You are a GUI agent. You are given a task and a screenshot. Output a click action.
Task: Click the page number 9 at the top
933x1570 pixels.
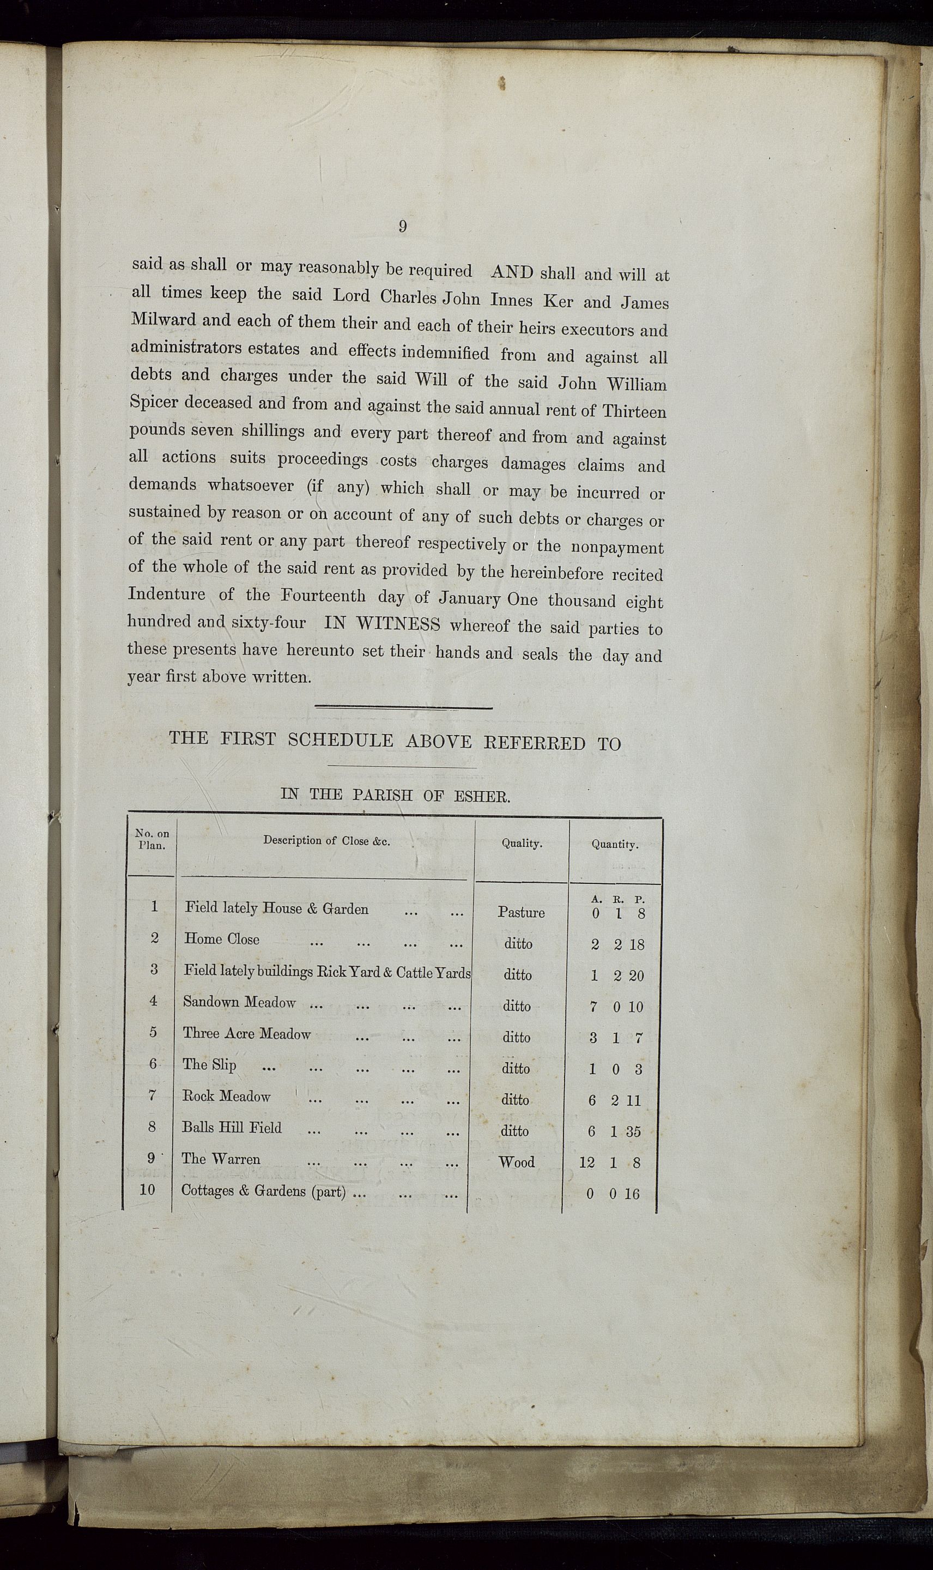click(402, 226)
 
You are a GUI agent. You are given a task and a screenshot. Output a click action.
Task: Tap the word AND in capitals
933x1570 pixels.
click(512, 272)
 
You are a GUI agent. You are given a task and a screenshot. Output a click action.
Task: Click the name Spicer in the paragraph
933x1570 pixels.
click(156, 402)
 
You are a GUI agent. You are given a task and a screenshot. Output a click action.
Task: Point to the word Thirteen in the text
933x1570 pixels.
click(634, 411)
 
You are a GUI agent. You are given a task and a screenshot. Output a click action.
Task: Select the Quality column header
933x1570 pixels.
click(522, 844)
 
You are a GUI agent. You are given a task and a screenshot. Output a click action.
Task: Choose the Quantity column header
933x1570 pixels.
click(614, 845)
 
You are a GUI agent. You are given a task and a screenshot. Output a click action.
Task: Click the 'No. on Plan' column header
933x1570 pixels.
click(152, 840)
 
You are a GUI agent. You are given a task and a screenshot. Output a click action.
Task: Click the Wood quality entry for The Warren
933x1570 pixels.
click(517, 1162)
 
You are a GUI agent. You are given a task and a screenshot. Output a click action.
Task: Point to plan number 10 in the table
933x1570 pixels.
click(147, 1190)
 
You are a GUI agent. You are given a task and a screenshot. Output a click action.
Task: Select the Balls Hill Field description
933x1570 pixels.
click(232, 1128)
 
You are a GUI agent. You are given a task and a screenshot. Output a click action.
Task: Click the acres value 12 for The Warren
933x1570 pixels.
click(586, 1163)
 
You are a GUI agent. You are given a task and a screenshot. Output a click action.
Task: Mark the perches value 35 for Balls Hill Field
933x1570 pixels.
click(633, 1132)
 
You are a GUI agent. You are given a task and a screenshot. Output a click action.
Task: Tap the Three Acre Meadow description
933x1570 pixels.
click(246, 1034)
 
